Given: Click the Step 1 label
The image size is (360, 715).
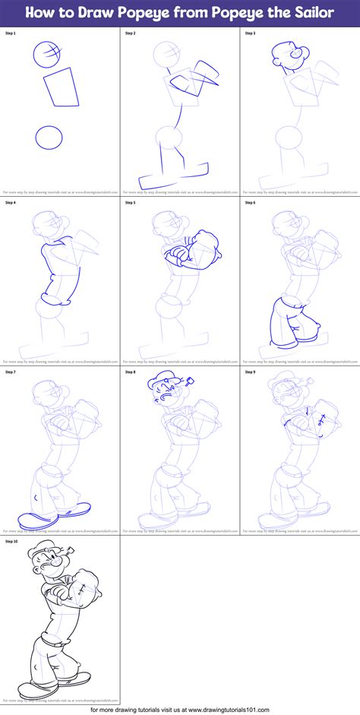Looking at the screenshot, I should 11,34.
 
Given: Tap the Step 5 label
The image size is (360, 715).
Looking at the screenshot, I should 131,203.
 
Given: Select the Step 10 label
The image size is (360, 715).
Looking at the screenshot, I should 12,542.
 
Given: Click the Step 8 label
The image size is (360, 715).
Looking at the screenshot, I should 131,372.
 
